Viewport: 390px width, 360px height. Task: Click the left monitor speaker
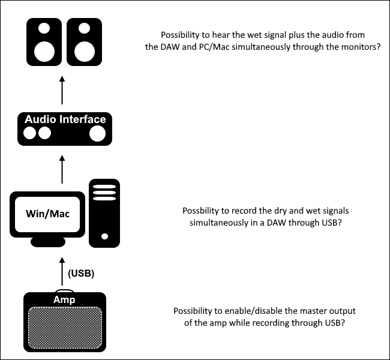pyautogui.click(x=44, y=42)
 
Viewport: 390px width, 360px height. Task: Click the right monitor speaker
pyautogui.click(x=85, y=42)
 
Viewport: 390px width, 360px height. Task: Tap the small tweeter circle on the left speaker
pyautogui.click(x=44, y=28)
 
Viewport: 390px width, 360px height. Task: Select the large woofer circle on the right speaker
pyautogui.click(x=85, y=52)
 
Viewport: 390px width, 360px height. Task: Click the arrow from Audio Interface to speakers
pyautogui.click(x=62, y=90)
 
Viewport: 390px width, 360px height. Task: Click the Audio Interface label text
pyautogui.click(x=65, y=119)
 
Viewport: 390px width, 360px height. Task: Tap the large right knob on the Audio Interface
pyautogui.click(x=97, y=133)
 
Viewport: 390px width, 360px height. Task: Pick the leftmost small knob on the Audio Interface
pyautogui.click(x=29, y=133)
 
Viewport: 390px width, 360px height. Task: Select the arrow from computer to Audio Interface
pyautogui.click(x=62, y=169)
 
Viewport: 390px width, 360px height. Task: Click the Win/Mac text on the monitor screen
pyautogui.click(x=47, y=214)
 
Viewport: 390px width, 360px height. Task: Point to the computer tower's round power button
pyautogui.click(x=105, y=236)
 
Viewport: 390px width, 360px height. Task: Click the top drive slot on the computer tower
pyautogui.click(x=104, y=187)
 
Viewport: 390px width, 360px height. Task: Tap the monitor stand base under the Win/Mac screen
pyautogui.click(x=48, y=242)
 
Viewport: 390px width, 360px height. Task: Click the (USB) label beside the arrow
pyautogui.click(x=81, y=273)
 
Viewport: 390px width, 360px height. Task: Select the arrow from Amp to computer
pyautogui.click(x=62, y=271)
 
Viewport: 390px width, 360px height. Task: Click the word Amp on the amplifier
pyautogui.click(x=64, y=299)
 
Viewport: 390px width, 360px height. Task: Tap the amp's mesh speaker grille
pyautogui.click(x=65, y=328)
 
